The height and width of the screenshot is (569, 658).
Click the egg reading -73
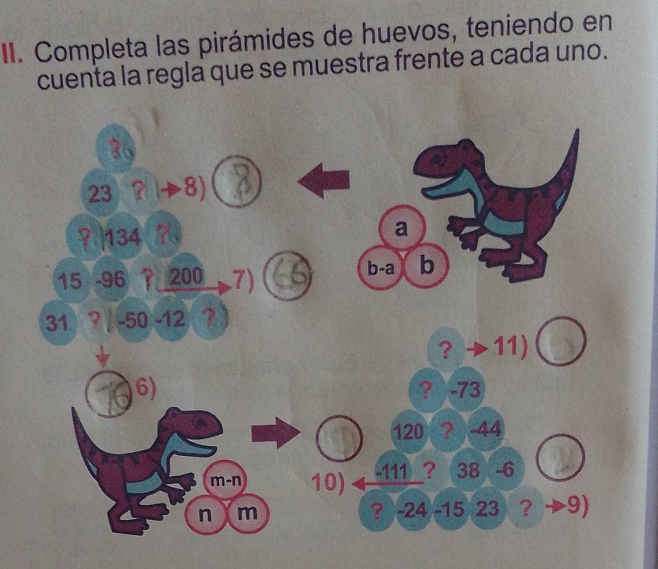coord(466,390)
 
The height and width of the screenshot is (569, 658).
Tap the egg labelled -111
coord(393,471)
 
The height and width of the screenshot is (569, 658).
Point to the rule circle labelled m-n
coord(226,480)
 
